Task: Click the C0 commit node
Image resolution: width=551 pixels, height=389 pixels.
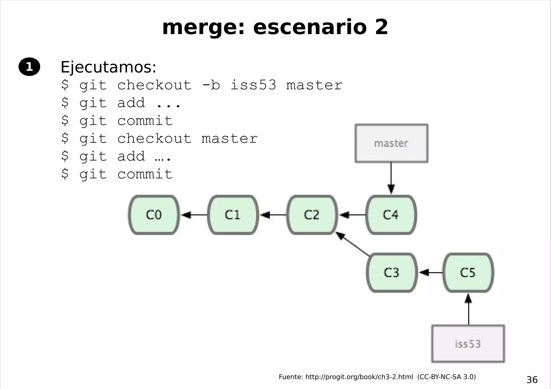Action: [154, 215]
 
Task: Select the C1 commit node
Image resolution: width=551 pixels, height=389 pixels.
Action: [233, 215]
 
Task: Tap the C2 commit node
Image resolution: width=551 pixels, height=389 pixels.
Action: [312, 215]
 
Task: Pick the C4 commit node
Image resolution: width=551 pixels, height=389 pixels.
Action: [391, 215]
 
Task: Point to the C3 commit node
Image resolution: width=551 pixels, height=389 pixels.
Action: [391, 273]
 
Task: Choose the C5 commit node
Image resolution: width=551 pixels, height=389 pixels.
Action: [468, 273]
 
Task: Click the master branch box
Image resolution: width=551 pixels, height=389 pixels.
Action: [391, 143]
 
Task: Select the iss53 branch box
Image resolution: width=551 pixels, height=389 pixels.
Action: [468, 344]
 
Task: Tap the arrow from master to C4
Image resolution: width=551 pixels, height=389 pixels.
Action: [391, 177]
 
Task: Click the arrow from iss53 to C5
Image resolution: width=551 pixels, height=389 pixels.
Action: [468, 309]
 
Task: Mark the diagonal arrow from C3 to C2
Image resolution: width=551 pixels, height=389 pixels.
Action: [352, 244]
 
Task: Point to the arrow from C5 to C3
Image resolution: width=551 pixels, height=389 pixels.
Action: [430, 273]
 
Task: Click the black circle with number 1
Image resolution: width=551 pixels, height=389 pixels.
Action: [29, 67]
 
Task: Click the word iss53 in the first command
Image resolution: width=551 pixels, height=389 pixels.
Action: [253, 85]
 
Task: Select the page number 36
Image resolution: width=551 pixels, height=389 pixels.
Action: [532, 380]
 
